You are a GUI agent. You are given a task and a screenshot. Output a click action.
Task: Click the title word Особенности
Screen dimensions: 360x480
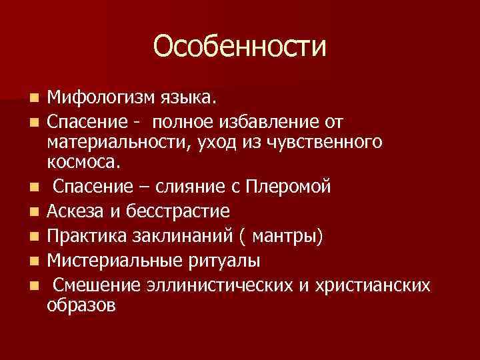point(240,47)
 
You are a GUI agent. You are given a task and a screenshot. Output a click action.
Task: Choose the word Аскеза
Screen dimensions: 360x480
point(73,212)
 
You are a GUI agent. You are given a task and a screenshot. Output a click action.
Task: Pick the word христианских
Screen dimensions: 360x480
point(366,285)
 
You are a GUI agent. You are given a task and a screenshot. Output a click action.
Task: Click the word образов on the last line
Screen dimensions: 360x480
point(81,306)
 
